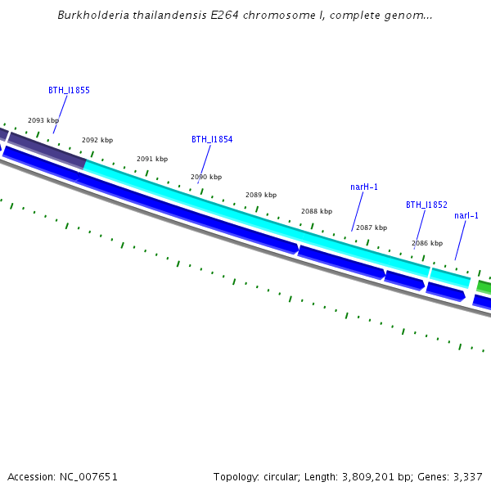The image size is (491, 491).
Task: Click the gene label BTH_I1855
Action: coord(69,90)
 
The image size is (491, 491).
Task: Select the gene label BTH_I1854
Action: coord(212,139)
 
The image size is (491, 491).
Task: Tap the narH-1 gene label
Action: coord(364,187)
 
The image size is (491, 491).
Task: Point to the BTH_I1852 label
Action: coord(426,205)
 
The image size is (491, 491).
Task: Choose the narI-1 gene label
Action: coord(466,215)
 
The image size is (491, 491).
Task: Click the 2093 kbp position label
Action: coord(43,120)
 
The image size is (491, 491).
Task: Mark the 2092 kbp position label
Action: coord(97,140)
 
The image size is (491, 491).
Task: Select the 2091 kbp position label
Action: coord(152,159)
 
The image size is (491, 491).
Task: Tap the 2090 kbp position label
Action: coord(206,177)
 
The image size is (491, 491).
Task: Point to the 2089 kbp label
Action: coord(261,195)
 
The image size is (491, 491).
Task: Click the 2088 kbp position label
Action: coord(317,211)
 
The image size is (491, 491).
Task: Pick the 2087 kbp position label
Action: coord(372,227)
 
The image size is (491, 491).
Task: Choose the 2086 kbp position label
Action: coord(427,243)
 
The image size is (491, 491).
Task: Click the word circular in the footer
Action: coord(281,476)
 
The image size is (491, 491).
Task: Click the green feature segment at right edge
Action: coord(484,286)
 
